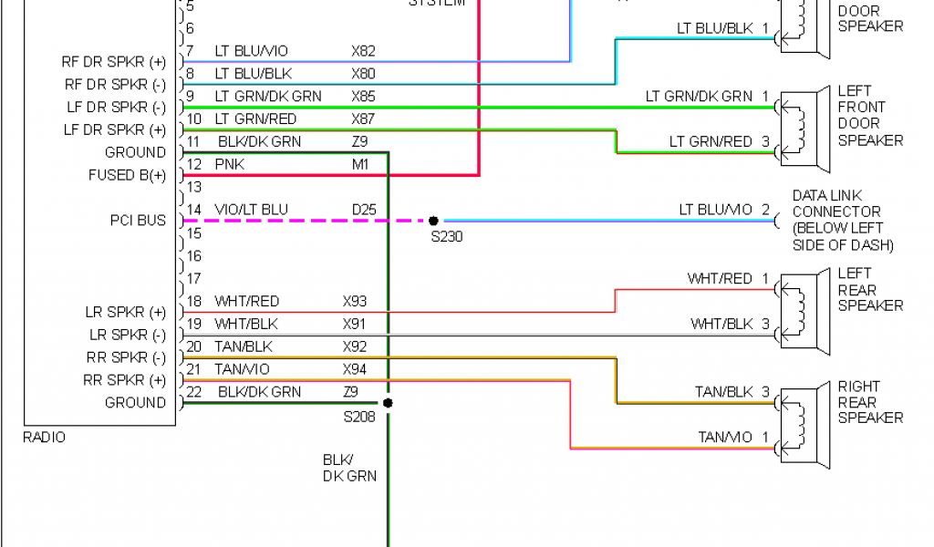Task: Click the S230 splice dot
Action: [x=433, y=221]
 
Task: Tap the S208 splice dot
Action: [x=388, y=402]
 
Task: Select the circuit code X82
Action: [x=363, y=51]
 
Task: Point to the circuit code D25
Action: [x=363, y=210]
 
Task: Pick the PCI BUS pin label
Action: [x=138, y=221]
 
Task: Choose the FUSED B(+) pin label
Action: [x=127, y=175]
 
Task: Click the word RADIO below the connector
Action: [x=44, y=438]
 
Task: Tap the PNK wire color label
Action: [x=229, y=164]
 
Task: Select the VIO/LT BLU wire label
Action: [x=251, y=210]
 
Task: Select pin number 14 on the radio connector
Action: [x=193, y=210]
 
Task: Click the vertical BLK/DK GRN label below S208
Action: [x=348, y=467]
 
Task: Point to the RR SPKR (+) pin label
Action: [x=125, y=380]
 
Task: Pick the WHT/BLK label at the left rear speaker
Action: [x=721, y=324]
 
